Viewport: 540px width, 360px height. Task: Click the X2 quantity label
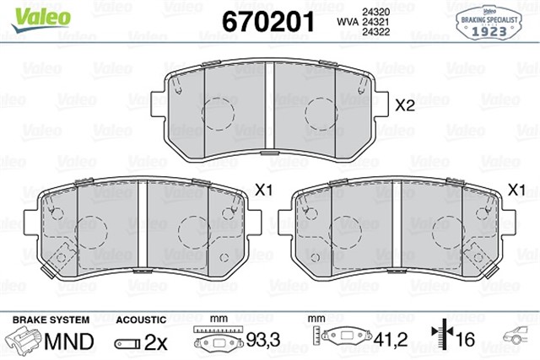pos(406,105)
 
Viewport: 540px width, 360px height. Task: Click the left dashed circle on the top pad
pos(215,112)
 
